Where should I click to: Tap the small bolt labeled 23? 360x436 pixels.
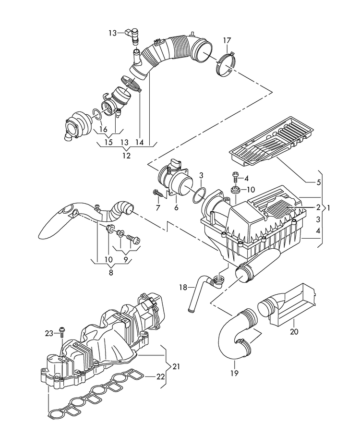click(x=62, y=331)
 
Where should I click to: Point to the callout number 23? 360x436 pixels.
click(x=49, y=333)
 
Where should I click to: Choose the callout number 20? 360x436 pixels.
click(x=294, y=331)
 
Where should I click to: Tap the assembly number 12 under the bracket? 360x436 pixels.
click(x=126, y=156)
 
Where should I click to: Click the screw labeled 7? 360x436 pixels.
click(x=157, y=194)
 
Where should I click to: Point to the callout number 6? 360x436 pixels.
click(x=176, y=207)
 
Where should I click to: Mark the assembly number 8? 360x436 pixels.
click(x=111, y=272)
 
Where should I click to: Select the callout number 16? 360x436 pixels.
click(x=102, y=129)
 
